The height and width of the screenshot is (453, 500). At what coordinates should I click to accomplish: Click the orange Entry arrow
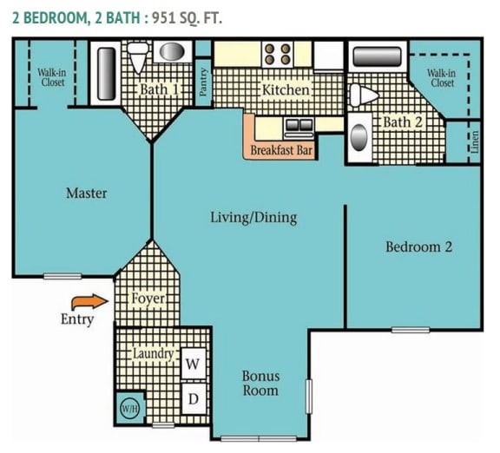tap(85, 302)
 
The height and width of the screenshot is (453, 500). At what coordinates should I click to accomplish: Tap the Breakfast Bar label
tap(281, 150)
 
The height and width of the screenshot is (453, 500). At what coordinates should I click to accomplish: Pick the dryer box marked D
tap(193, 398)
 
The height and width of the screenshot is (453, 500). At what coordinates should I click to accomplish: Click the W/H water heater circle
tap(129, 408)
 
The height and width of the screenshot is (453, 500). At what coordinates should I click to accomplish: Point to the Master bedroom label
tap(87, 193)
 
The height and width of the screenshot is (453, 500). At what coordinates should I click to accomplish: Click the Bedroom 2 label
tap(418, 247)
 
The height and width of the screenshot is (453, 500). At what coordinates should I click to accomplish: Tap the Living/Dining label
tap(253, 217)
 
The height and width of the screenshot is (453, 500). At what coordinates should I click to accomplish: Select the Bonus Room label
tap(260, 384)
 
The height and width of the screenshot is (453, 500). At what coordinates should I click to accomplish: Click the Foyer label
tap(148, 299)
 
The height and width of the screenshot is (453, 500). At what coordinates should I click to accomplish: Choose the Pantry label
tap(203, 82)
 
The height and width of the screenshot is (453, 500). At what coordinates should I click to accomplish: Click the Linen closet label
tap(474, 143)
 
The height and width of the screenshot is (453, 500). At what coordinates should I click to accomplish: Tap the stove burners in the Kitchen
tap(278, 54)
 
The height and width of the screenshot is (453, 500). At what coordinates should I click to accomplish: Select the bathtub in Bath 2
tap(377, 57)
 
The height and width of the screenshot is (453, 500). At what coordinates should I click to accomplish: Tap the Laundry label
tap(153, 354)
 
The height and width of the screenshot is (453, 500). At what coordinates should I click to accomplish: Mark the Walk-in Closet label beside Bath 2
tap(442, 78)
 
